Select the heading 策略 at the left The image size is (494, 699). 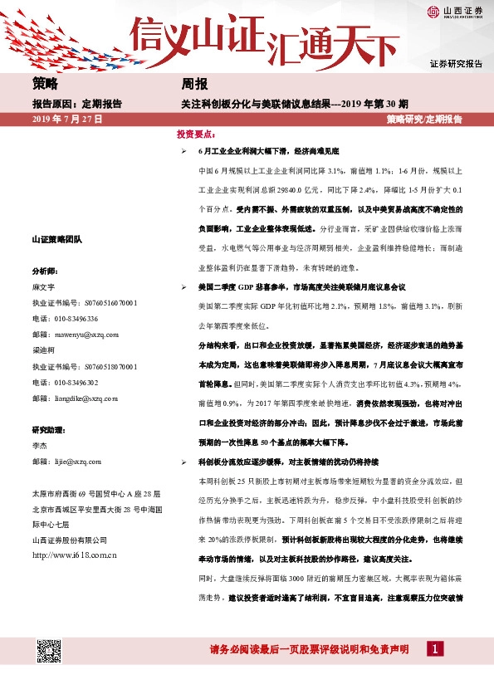pyautogui.click(x=46, y=84)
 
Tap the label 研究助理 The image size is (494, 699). pyautogui.click(x=48, y=429)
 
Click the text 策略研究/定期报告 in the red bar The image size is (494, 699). pyautogui.click(x=423, y=120)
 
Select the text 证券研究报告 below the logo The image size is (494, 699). pyautogui.click(x=456, y=64)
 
